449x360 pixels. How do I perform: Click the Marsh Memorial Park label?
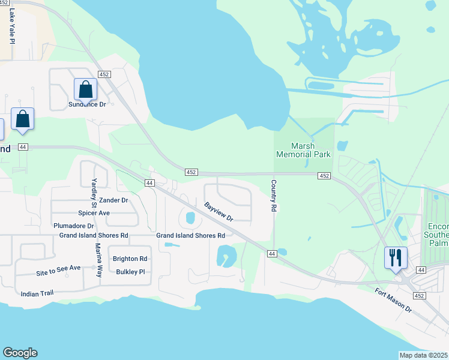coord(303,150)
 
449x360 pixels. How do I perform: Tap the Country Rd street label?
coord(273,196)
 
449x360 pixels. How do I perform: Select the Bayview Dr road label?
coord(218,211)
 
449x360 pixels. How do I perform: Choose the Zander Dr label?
coord(114,200)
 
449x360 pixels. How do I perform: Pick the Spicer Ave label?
coord(94,213)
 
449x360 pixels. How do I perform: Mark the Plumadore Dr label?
coord(74,226)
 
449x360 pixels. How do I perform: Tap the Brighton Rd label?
coord(130,259)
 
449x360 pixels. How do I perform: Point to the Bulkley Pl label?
coord(130,272)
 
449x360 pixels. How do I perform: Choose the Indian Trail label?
coord(37,294)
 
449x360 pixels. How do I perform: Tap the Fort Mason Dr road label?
coord(393,300)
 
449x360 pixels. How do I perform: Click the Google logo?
coord(20,353)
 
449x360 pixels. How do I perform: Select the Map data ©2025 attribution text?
coord(424,355)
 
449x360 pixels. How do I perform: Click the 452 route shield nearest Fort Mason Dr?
coord(418,295)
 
